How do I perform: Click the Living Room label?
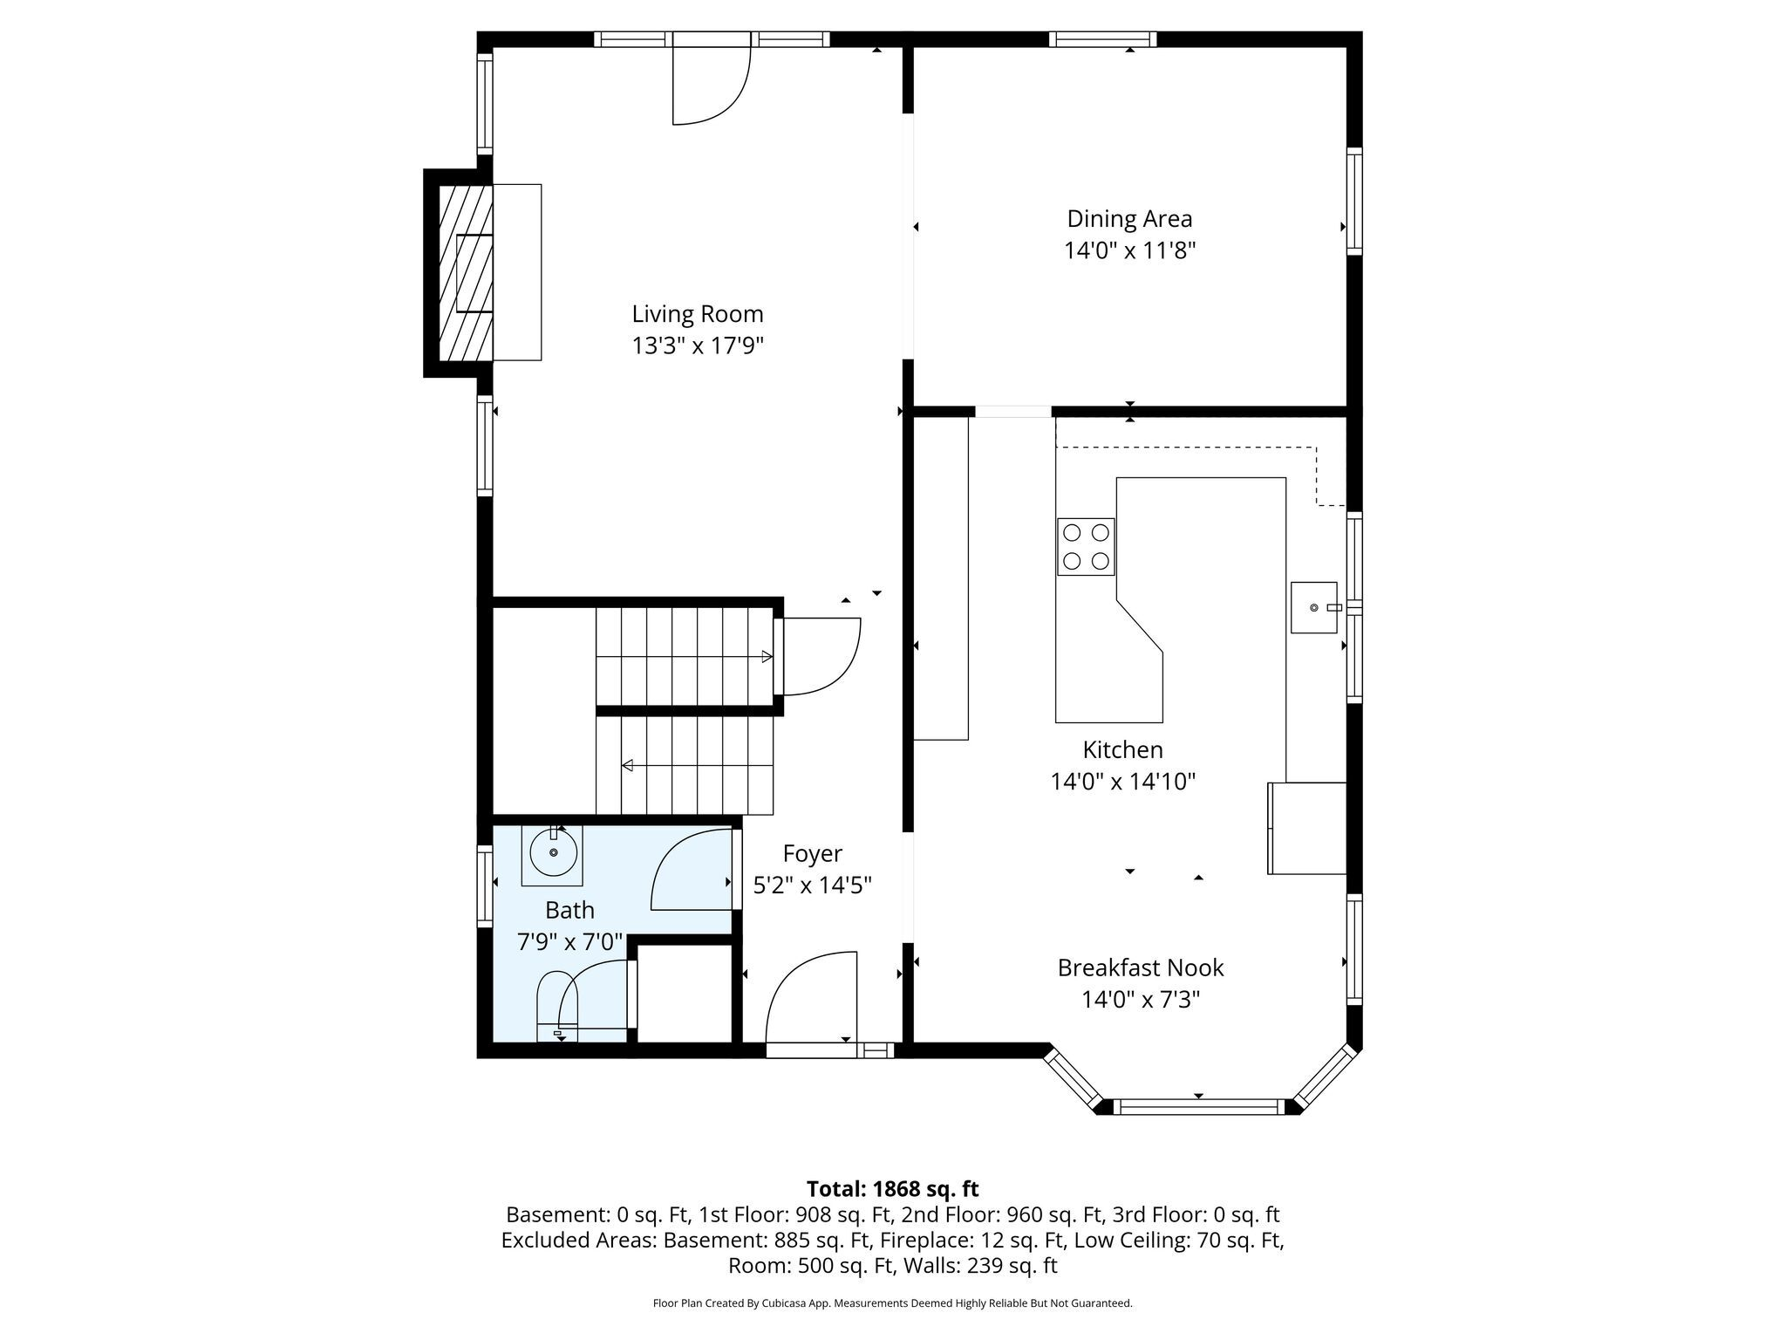coord(698,314)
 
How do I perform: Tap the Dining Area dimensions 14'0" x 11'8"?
coord(1129,251)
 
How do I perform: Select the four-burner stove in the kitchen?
coord(1086,546)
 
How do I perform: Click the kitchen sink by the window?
coord(1314,607)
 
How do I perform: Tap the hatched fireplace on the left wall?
coord(466,272)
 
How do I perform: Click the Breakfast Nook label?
coord(1141,967)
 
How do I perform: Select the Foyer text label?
coord(812,853)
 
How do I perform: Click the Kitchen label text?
coord(1122,749)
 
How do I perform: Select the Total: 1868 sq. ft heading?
coord(892,1189)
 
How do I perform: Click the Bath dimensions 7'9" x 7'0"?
coord(570,942)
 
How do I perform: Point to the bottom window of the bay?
coord(1198,1107)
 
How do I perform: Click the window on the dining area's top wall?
coord(1102,39)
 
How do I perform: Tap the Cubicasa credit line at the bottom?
coord(892,1303)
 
